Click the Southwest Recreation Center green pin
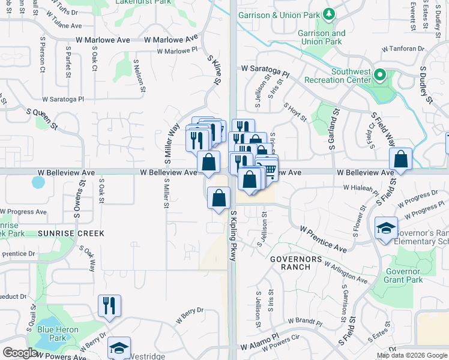(379, 76)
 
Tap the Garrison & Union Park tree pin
(328, 14)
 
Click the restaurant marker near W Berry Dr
(109, 306)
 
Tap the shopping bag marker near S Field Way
(400, 160)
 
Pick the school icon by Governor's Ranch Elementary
(387, 229)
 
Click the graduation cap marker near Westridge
(119, 349)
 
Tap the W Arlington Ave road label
(345, 271)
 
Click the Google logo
(20, 353)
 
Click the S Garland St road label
(332, 128)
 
